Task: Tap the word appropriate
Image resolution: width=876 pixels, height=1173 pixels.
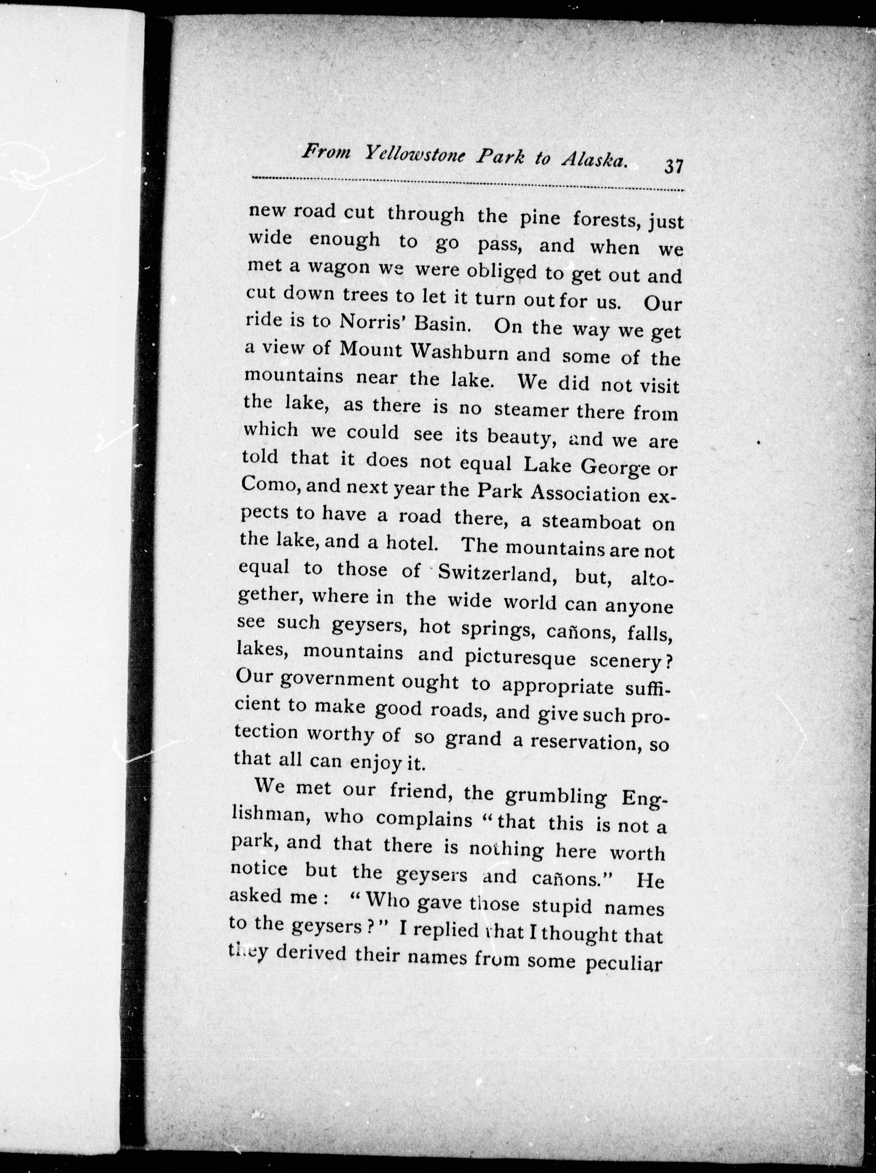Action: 557,686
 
